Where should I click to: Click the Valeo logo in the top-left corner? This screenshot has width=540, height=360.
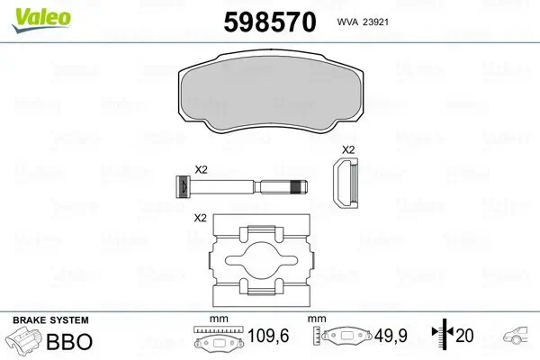(31, 13)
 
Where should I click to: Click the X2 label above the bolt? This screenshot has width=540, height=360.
(202, 169)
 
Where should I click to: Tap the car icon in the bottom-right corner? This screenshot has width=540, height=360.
(520, 340)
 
